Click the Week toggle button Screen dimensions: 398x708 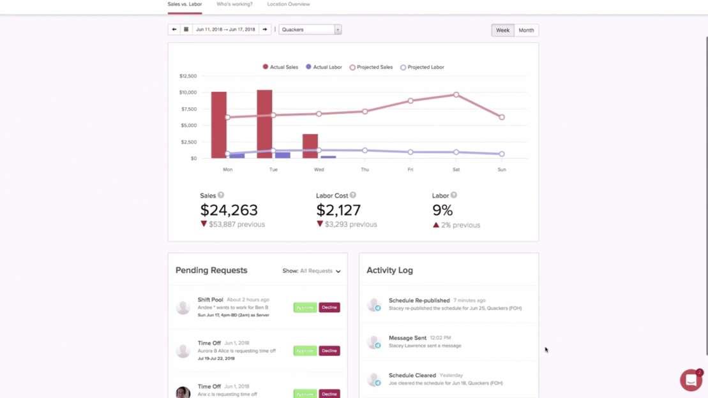coord(503,30)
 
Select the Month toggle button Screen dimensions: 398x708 coord(526,30)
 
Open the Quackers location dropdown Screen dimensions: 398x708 coord(310,29)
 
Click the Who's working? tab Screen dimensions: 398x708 coord(234,4)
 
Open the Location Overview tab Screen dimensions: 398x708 coord(288,4)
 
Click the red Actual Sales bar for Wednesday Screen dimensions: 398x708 coord(310,146)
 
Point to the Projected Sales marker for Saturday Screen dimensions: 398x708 coord(456,94)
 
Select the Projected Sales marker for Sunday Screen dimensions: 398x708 coord(502,117)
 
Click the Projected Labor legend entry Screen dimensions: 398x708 coord(422,67)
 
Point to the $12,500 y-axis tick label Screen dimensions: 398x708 coord(188,76)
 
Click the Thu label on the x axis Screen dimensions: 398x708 coord(365,170)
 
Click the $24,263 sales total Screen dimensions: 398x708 coord(229,210)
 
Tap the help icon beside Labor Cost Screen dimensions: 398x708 coord(353,195)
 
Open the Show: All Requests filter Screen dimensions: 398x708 coord(312,271)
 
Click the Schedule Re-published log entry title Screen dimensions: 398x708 coord(419,300)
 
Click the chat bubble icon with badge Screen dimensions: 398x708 coord(691,380)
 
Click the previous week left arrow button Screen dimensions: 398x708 coord(174,29)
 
